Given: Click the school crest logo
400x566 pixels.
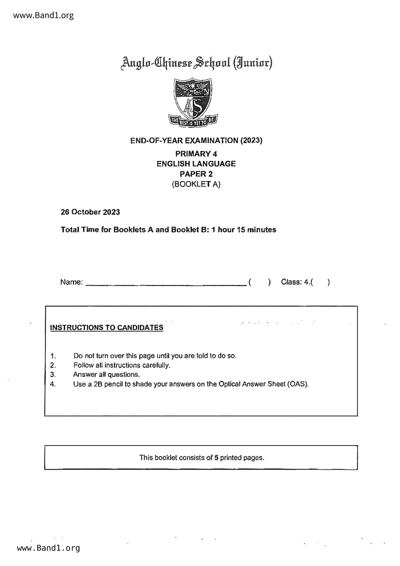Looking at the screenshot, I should point(193,98).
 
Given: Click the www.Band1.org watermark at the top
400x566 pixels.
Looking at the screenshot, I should point(44,15).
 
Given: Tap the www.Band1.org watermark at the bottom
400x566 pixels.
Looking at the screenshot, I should point(48,548).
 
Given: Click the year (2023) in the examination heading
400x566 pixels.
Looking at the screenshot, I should point(251,140).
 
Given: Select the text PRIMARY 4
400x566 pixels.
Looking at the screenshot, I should point(196,154).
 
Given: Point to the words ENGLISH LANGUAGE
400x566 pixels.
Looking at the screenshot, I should point(196,164).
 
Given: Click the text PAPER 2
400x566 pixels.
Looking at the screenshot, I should point(196,174).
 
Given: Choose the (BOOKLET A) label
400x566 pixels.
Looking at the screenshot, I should point(196,184).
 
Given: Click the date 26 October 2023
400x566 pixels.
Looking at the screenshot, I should point(90,212).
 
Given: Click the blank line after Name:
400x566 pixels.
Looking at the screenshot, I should point(166,283).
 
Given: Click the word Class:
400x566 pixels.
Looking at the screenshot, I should point(291,282).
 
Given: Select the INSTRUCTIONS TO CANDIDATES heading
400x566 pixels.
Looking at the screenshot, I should point(107,328).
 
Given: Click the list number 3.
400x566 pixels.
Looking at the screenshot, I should point(53,375).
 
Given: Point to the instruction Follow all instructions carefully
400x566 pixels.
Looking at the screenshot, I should point(122,365).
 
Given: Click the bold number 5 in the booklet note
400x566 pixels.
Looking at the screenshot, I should point(216,458).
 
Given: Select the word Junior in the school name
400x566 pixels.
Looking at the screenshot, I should point(253,62).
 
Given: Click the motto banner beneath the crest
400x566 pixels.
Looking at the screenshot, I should point(193,121).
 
